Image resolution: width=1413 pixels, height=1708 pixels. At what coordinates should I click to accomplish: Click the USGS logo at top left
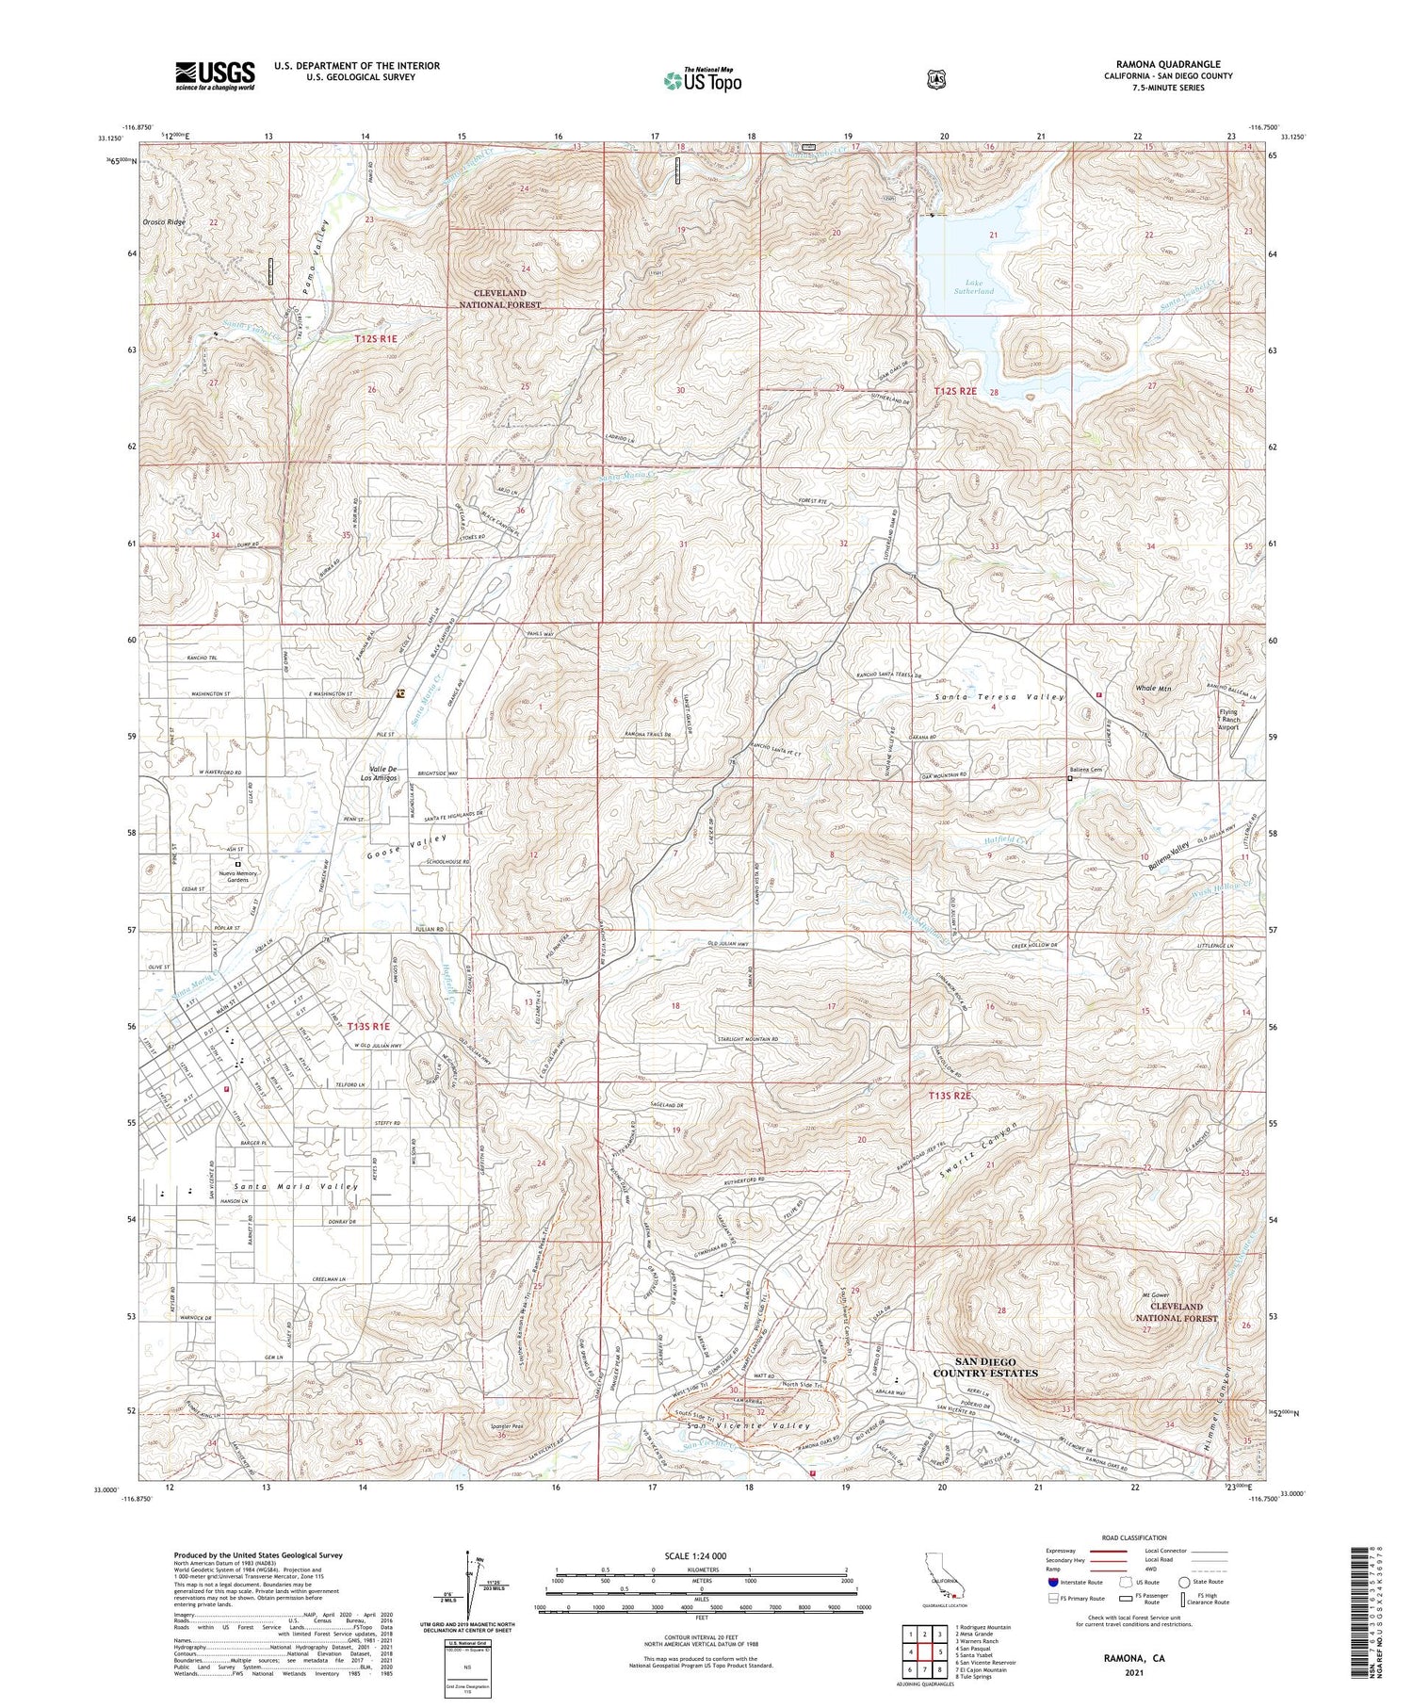point(215,75)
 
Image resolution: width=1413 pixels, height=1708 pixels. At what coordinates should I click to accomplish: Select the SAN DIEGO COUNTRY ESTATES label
point(985,1367)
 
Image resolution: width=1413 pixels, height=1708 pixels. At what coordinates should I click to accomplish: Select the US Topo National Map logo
point(702,80)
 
